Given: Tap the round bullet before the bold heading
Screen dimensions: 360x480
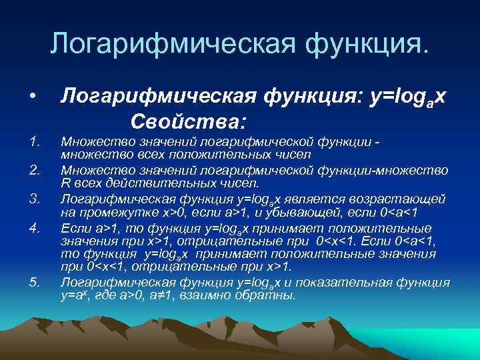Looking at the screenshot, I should (33, 98).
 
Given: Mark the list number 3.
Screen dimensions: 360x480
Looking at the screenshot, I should (35, 198).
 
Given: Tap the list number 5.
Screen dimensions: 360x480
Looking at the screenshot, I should (35, 282).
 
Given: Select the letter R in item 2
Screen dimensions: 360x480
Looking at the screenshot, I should (65, 183).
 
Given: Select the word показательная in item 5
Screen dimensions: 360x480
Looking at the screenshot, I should (350, 282).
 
